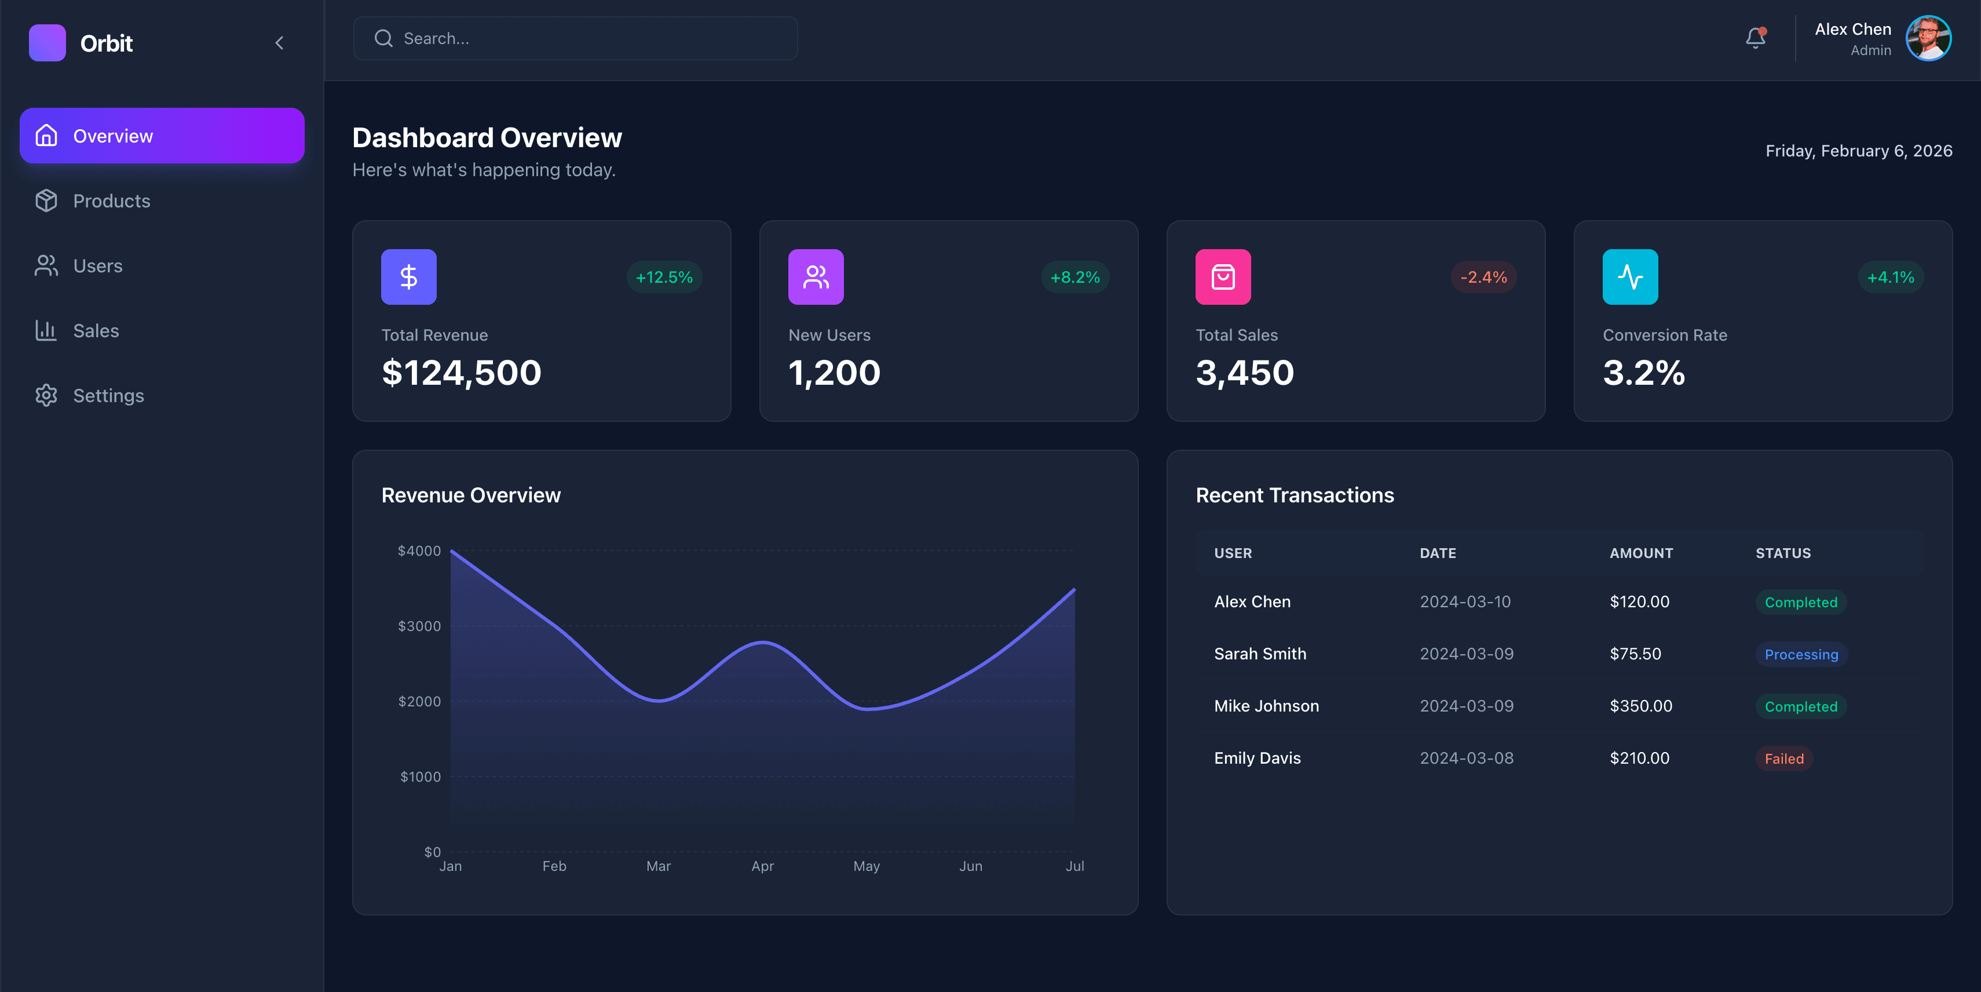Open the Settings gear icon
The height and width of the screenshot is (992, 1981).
(x=46, y=395)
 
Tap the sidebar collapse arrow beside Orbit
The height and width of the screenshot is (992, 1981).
(x=279, y=43)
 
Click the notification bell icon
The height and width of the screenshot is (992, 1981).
(x=1755, y=38)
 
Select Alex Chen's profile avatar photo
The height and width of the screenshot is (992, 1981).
(x=1927, y=38)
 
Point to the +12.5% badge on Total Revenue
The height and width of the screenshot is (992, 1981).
(x=664, y=277)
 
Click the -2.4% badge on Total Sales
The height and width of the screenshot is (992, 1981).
(x=1483, y=277)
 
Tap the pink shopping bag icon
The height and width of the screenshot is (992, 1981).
(x=1223, y=277)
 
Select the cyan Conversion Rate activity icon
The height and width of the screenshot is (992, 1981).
(x=1629, y=277)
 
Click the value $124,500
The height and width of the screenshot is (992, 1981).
(x=462, y=373)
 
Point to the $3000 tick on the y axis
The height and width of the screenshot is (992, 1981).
(x=419, y=626)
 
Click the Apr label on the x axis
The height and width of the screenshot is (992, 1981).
(x=762, y=866)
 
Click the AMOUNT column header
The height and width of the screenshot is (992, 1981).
(x=1641, y=553)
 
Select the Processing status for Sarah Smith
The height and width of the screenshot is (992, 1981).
(x=1800, y=654)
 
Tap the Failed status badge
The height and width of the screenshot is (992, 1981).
(x=1783, y=758)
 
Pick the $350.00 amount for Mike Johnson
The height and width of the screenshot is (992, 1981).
(x=1640, y=706)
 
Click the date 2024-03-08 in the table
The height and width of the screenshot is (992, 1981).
(x=1465, y=758)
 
